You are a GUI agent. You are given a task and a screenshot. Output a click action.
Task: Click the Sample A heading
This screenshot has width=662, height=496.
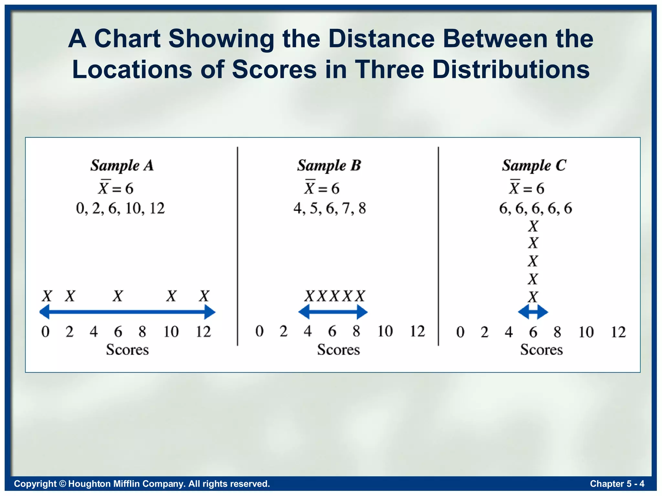122,166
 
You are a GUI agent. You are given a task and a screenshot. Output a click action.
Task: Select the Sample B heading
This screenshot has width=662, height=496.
329,166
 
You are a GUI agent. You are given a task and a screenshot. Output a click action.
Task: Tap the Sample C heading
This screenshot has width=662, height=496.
534,166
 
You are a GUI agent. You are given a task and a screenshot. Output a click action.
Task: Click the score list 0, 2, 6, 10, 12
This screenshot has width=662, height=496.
120,208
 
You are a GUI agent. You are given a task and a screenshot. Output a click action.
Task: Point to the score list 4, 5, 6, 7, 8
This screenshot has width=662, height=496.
330,208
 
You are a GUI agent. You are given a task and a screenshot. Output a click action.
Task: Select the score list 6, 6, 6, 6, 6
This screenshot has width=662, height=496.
536,208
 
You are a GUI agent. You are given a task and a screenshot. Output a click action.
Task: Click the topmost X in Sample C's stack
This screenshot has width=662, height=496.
533,226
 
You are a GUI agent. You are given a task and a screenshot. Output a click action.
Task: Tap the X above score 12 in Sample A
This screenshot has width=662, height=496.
204,296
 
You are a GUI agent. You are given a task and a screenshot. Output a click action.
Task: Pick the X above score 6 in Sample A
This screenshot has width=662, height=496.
118,296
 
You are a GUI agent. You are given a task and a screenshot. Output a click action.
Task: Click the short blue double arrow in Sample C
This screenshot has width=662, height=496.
533,312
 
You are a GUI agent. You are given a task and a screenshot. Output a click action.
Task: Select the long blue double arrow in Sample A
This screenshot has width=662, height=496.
127,312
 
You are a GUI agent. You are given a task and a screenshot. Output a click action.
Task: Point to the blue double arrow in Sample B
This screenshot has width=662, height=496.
333,312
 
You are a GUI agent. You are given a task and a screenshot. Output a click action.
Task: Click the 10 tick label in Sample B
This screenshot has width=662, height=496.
385,331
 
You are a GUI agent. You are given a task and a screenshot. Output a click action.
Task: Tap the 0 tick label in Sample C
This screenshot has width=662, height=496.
460,332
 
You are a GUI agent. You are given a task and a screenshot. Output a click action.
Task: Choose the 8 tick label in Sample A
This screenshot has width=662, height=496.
142,332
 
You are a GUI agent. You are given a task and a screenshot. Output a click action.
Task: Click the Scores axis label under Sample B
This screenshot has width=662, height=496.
338,350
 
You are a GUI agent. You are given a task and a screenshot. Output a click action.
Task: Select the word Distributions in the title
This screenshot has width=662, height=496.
511,69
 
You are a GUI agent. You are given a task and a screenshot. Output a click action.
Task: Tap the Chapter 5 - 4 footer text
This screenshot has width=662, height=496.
617,483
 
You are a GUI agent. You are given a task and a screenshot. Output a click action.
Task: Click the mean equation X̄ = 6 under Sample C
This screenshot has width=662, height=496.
527,188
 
